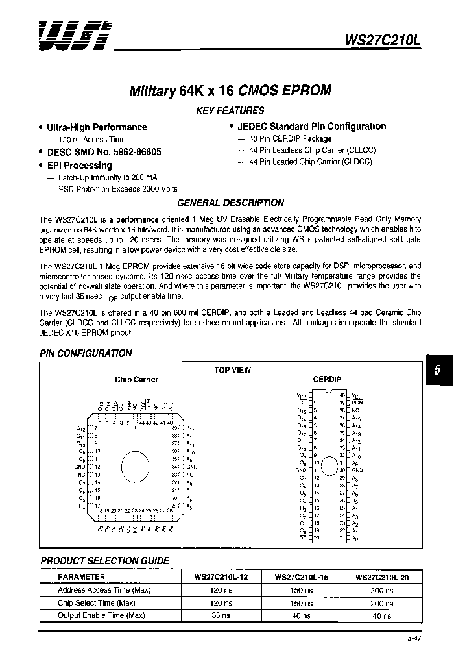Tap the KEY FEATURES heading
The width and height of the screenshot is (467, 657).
(x=230, y=110)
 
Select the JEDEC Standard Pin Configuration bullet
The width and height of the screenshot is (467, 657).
(x=311, y=127)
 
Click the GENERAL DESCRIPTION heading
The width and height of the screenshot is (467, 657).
(x=230, y=203)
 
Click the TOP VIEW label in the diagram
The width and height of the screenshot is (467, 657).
(x=232, y=370)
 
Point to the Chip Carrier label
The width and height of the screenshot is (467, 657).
(x=136, y=380)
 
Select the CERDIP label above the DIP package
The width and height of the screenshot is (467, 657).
(x=327, y=379)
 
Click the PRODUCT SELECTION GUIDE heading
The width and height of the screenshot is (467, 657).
(x=105, y=560)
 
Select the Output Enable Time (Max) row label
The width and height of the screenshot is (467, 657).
(x=101, y=615)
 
